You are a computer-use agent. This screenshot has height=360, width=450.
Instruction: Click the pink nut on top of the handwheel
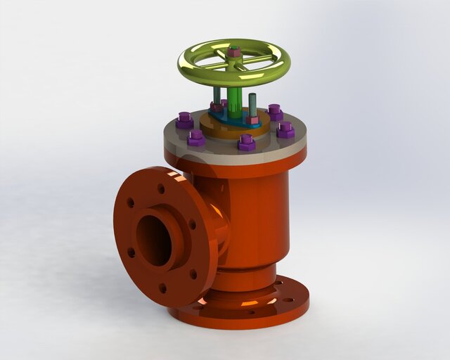tap(234, 51)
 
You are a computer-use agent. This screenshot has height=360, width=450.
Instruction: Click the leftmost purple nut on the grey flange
tap(185, 120)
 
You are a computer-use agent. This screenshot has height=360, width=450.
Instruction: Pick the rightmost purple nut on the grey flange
tap(285, 129)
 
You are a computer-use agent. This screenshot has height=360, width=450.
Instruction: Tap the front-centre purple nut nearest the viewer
tap(247, 143)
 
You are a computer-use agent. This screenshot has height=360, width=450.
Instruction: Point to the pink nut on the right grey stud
tap(252, 120)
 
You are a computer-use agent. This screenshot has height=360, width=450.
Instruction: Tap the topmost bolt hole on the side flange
tap(161, 188)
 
